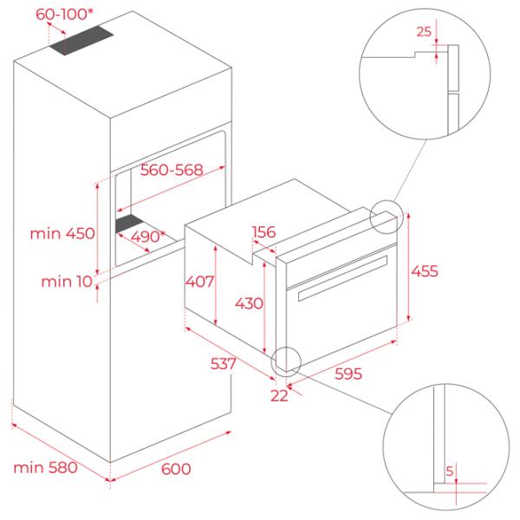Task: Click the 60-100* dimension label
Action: click(x=64, y=14)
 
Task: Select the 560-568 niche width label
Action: click(x=172, y=170)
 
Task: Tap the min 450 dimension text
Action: click(x=62, y=233)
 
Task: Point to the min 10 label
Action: click(x=67, y=282)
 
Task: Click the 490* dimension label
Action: click(x=147, y=237)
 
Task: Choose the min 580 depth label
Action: click(x=45, y=468)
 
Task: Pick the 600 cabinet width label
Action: click(x=176, y=469)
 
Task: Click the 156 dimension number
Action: click(x=264, y=231)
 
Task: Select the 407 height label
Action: click(x=199, y=282)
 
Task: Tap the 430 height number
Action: click(x=249, y=303)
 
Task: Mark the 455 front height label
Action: click(x=425, y=271)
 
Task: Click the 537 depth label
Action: click(x=224, y=363)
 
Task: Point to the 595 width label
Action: click(x=348, y=374)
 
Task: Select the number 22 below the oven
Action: click(x=279, y=396)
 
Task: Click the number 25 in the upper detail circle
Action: click(x=424, y=31)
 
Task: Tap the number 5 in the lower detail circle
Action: click(x=449, y=471)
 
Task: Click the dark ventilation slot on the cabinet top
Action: click(x=81, y=41)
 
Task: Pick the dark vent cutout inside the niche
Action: click(x=129, y=224)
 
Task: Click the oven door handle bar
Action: click(x=342, y=278)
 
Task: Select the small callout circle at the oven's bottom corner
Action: click(x=286, y=361)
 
